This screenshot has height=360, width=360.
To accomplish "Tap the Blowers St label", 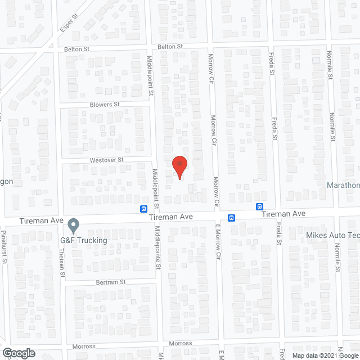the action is tap(105, 105).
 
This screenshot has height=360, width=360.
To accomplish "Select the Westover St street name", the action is tap(106, 160).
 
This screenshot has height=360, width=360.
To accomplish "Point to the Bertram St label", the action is tap(111, 282).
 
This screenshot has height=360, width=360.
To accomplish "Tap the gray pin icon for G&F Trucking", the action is tap(73, 226).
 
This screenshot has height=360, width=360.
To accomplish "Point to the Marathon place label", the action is tap(344, 185).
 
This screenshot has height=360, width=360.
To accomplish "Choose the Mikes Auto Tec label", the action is tap(332, 235).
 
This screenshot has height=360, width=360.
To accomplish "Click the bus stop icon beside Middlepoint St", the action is tap(144, 208).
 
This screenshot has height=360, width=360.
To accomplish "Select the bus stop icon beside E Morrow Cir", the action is tap(231, 218).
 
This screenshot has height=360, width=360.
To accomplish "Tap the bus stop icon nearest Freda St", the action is tap(260, 206).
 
